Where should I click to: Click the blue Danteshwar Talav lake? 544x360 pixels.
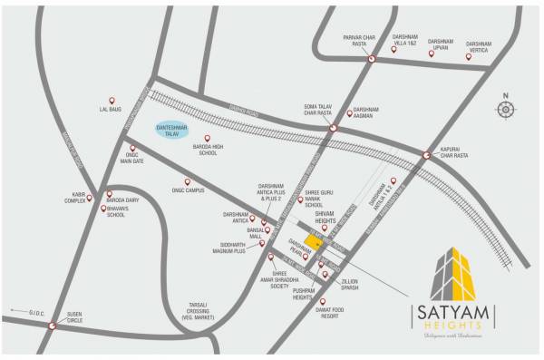point(175,131)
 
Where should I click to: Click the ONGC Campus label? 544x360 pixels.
point(188,190)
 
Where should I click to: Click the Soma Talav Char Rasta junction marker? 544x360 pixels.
point(333,128)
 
